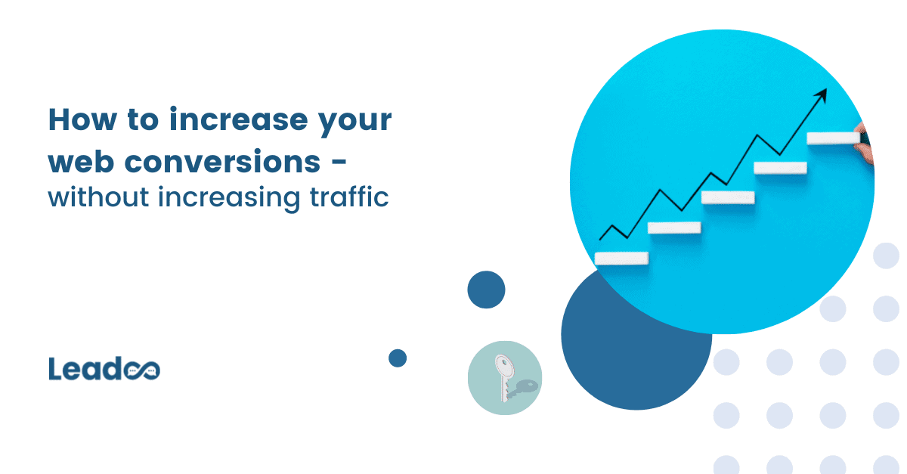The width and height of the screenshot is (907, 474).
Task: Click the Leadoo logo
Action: pos(104,369)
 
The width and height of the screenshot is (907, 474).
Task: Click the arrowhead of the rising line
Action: pos(822,95)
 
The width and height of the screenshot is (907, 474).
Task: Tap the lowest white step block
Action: pos(621,258)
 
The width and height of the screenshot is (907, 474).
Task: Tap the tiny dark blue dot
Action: pos(398,358)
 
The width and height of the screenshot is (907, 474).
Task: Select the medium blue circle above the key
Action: pos(486,290)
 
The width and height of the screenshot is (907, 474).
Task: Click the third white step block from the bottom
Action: pos(728,197)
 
